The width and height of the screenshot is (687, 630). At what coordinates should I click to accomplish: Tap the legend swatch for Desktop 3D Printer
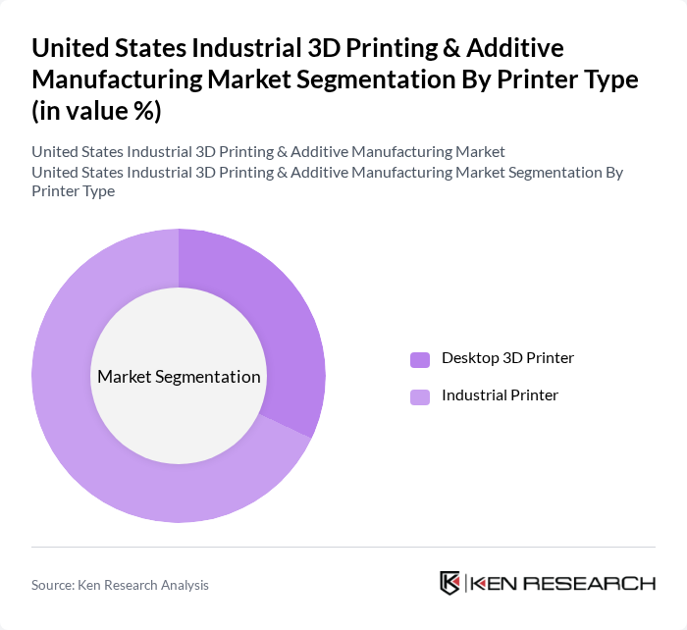420,359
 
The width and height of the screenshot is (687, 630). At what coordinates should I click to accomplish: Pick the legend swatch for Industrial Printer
420,396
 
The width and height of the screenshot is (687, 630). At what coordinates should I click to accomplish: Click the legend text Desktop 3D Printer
507,358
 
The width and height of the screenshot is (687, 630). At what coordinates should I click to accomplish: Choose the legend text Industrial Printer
500,395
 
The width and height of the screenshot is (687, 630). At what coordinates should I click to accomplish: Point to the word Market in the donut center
124,377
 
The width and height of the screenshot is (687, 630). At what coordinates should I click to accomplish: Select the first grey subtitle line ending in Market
268,152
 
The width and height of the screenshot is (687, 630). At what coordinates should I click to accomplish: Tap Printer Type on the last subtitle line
73,191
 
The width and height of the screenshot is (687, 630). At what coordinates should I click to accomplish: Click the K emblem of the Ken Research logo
449,583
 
